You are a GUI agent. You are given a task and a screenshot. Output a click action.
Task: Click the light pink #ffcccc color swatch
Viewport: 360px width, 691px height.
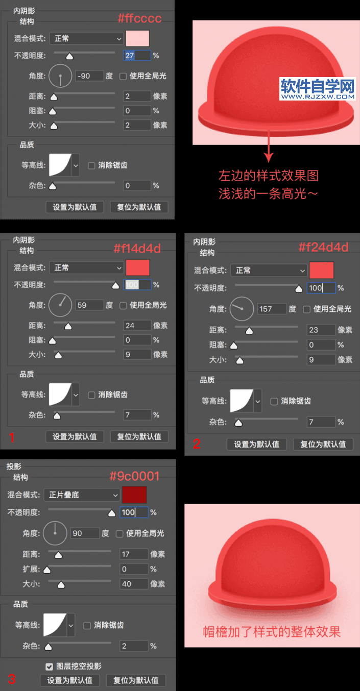click(x=137, y=38)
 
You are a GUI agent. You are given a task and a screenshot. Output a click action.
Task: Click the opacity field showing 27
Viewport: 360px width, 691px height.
click(x=137, y=56)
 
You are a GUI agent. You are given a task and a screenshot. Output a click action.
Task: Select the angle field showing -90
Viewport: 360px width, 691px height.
click(x=89, y=76)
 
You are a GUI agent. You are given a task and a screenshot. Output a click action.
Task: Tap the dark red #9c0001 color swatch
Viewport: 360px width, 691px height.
click(x=134, y=495)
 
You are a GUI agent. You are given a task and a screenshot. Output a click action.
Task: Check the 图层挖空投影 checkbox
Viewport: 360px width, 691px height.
click(x=49, y=667)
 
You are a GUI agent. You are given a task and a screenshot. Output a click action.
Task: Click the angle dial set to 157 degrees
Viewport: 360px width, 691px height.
click(x=242, y=309)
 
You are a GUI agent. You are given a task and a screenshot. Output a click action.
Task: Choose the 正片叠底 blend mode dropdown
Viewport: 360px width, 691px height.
click(x=82, y=495)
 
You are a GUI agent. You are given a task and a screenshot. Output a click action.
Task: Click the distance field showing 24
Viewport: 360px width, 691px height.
click(x=137, y=326)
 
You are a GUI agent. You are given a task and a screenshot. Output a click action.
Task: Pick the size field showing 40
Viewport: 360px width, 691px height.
click(x=134, y=584)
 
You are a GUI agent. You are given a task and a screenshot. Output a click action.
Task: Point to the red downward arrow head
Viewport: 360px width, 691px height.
click(x=269, y=157)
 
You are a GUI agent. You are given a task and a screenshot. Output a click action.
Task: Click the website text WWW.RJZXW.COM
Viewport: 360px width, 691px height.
click(x=318, y=96)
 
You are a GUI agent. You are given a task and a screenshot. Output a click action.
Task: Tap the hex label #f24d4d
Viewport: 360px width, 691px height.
click(x=323, y=247)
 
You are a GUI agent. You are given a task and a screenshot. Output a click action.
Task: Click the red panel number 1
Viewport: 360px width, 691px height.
click(x=12, y=437)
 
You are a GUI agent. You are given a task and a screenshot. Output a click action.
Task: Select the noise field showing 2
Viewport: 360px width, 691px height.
click(x=134, y=646)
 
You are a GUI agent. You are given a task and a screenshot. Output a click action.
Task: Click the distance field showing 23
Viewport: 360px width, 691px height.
click(x=321, y=330)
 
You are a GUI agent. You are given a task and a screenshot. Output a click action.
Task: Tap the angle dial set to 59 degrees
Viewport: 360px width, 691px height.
click(x=60, y=305)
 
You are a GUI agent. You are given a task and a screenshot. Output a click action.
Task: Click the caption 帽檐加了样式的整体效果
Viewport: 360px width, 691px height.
click(x=272, y=632)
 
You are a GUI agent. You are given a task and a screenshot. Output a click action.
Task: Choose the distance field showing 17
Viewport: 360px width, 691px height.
click(x=134, y=554)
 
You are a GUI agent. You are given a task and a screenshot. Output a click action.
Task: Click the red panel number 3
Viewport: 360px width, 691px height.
click(x=12, y=679)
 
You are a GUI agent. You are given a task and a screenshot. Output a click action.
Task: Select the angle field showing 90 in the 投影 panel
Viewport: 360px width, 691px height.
click(x=85, y=533)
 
